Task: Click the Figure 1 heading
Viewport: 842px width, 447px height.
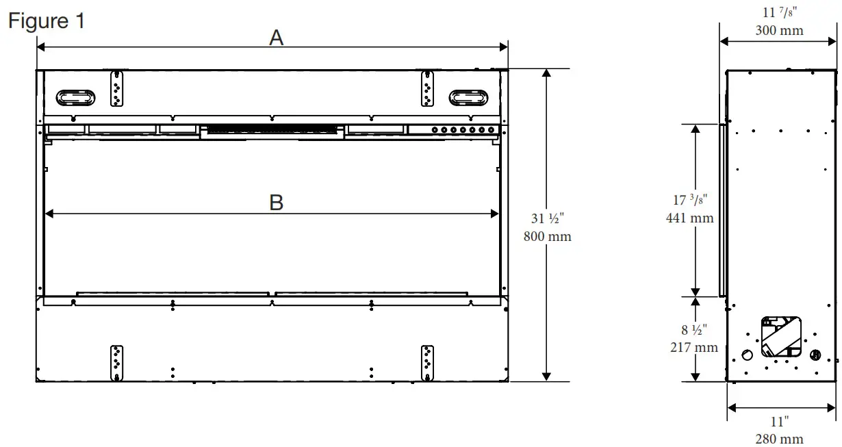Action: (47, 21)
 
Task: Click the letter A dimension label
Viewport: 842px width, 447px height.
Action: (276, 38)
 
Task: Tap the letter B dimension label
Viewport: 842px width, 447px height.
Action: (276, 203)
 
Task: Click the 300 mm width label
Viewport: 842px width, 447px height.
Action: (779, 30)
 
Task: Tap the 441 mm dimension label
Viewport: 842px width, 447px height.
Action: (689, 218)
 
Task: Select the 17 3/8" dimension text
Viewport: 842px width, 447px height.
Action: (690, 201)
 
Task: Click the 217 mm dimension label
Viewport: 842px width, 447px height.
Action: (693, 347)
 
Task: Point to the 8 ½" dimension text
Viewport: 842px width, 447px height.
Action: (693, 329)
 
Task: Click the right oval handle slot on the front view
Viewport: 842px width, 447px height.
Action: (469, 97)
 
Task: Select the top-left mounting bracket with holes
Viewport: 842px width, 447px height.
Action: (116, 88)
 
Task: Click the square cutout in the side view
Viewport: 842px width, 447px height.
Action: (781, 337)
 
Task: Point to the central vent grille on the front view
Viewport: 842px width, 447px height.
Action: (271, 129)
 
